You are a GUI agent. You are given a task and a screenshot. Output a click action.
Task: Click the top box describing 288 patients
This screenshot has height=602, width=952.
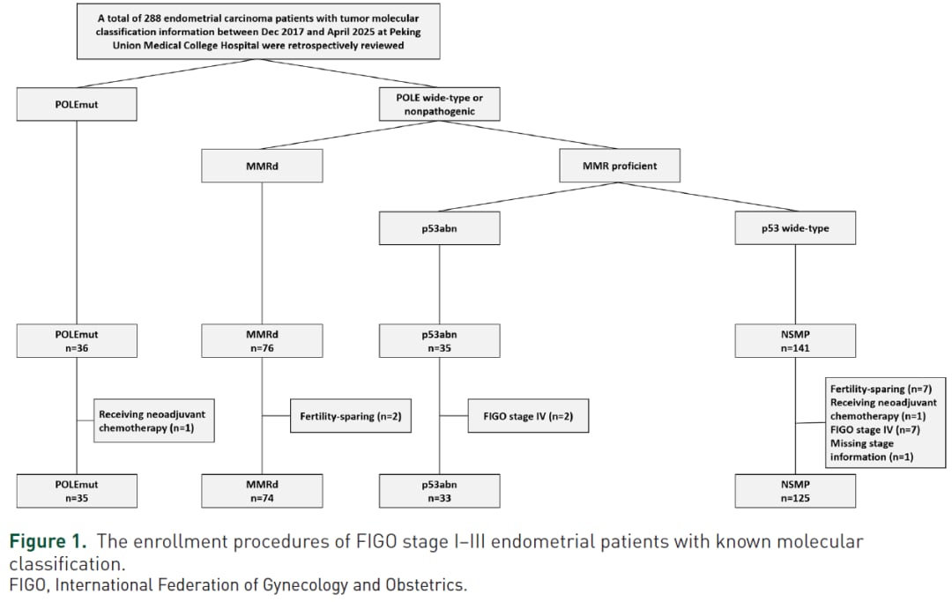(x=258, y=32)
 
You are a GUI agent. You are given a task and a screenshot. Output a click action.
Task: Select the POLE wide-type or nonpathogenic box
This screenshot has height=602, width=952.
(x=440, y=104)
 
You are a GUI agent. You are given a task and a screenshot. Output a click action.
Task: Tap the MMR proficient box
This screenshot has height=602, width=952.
(x=620, y=166)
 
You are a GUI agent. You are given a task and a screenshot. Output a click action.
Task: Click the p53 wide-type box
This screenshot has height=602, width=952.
(x=795, y=228)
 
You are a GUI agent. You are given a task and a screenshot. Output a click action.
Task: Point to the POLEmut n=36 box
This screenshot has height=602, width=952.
(x=77, y=340)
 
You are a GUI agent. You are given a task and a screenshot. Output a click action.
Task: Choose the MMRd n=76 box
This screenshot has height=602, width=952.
(x=263, y=340)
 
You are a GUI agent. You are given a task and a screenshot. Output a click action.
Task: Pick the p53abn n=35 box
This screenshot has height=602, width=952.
(x=440, y=340)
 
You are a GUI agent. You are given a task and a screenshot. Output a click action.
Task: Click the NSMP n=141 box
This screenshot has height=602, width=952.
(x=795, y=340)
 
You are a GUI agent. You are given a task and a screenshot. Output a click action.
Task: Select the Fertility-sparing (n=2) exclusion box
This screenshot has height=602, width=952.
(x=351, y=416)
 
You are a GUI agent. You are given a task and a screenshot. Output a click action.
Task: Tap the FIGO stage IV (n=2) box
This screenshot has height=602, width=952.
(x=528, y=416)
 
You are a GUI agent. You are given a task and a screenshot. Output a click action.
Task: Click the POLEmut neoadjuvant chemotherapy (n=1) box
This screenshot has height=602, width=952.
(x=153, y=420)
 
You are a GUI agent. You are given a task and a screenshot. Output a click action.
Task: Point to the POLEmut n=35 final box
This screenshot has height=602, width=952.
(x=77, y=491)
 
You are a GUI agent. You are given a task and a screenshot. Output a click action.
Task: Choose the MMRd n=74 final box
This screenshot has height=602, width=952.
(x=263, y=491)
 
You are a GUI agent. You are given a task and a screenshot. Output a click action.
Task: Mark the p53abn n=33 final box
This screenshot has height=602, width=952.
(x=440, y=491)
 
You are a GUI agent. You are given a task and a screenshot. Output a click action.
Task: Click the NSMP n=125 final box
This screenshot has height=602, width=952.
(x=795, y=491)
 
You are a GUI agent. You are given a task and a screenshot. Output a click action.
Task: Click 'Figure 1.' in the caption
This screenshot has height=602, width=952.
(x=48, y=541)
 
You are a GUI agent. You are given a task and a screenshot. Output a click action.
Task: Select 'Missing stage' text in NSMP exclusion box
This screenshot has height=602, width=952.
(x=862, y=443)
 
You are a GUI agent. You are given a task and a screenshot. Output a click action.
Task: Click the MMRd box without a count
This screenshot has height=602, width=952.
(x=263, y=166)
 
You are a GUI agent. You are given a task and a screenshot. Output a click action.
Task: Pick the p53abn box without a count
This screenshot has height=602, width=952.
(x=440, y=228)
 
